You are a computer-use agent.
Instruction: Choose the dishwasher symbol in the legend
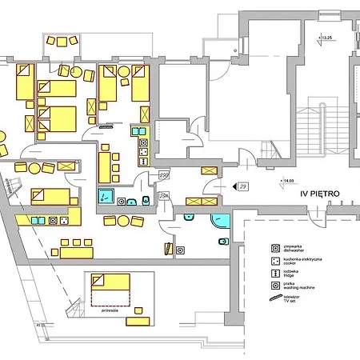point(274,247)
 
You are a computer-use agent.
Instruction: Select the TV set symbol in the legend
point(274,297)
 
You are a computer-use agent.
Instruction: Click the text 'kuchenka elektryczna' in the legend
point(302,258)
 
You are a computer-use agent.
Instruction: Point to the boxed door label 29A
point(165,196)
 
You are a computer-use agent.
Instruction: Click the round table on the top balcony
point(62,41)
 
